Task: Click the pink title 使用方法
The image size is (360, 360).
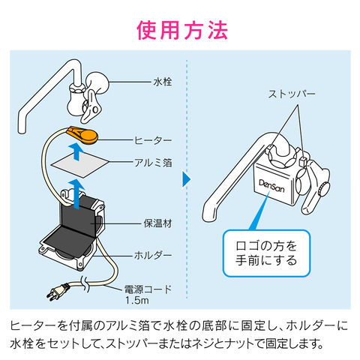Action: coord(182,30)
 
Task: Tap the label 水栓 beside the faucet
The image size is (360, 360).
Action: coord(163,82)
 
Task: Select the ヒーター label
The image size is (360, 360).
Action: coord(153,140)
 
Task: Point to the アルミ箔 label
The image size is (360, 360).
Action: coord(153,163)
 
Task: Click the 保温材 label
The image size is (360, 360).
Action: coord(157,223)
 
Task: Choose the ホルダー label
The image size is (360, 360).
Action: coord(153,255)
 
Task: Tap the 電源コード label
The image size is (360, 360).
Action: coord(148,289)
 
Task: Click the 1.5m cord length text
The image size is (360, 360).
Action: coord(137,300)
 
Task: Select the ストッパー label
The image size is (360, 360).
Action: coord(292,94)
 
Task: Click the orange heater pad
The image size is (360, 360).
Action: coord(84,136)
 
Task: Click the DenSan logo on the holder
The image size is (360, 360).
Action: coord(271,186)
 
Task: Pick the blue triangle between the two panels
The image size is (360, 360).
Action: coord(187,179)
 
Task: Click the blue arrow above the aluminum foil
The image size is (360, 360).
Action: coord(76,151)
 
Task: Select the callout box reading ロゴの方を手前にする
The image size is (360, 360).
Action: coord(266,253)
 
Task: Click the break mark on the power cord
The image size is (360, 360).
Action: coord(85,284)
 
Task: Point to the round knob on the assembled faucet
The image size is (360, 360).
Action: coord(324,189)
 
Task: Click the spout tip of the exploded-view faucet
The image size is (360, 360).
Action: coord(22,131)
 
